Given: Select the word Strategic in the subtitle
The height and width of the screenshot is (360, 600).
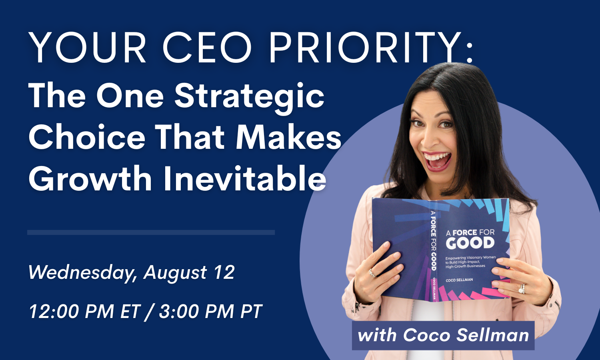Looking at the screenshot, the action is click(249, 97).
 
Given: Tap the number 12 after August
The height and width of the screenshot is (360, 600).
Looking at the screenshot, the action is click(224, 272).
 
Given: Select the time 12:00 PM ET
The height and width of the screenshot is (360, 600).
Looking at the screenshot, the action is click(85, 311).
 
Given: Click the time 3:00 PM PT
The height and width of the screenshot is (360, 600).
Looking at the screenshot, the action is click(210, 311).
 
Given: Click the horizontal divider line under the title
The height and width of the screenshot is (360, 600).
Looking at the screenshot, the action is click(151, 232).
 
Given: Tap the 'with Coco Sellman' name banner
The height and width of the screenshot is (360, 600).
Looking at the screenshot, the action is click(443, 335).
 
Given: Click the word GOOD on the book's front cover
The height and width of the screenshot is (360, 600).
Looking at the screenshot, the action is click(470, 243).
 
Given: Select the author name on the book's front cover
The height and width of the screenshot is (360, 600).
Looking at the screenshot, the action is click(459, 280).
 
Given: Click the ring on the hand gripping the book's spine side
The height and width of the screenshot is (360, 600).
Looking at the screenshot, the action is click(372, 273).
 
